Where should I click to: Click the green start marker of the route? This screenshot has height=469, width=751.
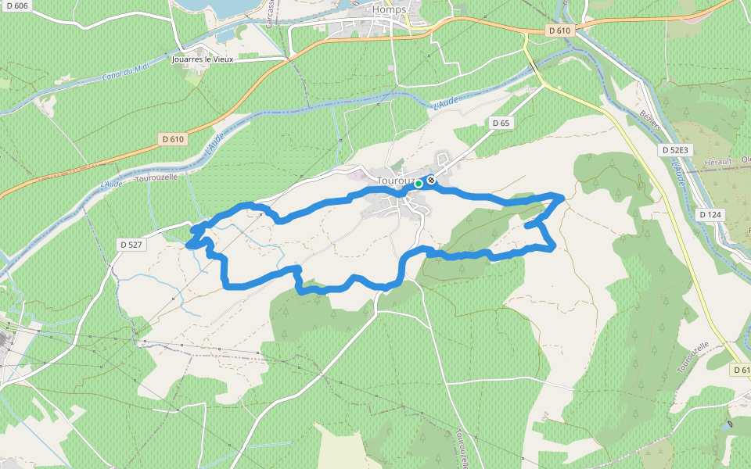point(419,184)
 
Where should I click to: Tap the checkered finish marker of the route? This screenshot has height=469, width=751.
point(431,179)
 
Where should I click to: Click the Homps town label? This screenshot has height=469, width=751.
point(389,10)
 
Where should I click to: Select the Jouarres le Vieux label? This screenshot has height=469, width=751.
point(203,59)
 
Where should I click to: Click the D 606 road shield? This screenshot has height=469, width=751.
point(16,5)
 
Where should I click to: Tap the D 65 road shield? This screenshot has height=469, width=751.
point(501,123)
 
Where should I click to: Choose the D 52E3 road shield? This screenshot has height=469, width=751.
point(674,149)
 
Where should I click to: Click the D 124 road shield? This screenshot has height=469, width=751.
point(710,214)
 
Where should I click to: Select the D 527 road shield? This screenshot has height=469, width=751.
point(131,245)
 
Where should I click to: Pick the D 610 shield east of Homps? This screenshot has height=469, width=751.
point(560,30)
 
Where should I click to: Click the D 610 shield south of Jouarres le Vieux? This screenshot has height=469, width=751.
point(172,139)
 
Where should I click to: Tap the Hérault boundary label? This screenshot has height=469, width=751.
point(717,161)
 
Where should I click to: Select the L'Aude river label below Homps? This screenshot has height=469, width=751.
point(446,102)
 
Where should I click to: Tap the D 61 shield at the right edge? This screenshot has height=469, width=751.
point(741,369)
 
